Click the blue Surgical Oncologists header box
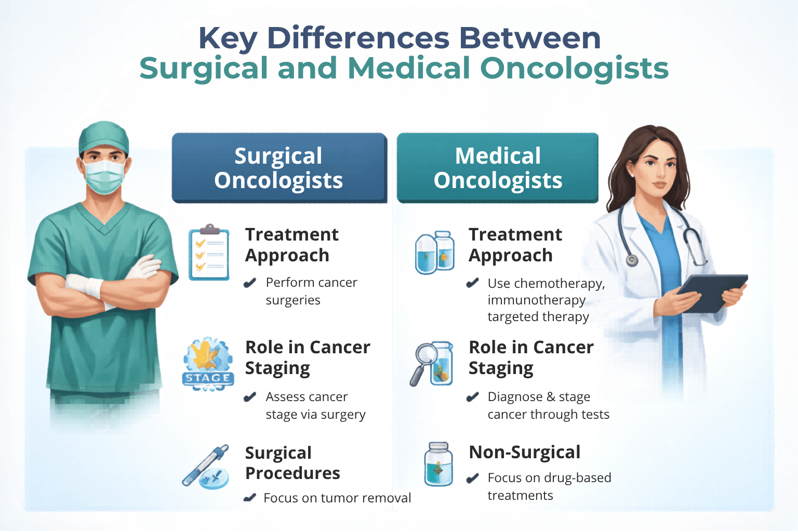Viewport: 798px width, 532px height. tap(279, 168)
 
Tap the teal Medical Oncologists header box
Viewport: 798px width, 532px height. tap(498, 168)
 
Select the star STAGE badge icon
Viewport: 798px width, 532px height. tap(208, 364)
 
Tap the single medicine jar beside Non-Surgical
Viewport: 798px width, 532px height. tap(438, 464)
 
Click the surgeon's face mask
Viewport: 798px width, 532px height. tap(104, 176)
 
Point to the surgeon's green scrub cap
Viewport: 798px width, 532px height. tap(104, 137)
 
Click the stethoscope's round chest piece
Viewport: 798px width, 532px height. tap(632, 260)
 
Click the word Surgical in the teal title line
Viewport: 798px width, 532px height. tap(204, 69)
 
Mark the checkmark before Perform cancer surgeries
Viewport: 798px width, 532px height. tap(250, 283)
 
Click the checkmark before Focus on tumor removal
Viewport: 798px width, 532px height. tap(250, 498)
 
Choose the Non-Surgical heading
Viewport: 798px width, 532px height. tap(524, 452)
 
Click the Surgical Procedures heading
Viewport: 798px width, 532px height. tap(292, 463)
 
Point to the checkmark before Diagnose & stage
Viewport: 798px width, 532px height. tap(472, 397)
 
